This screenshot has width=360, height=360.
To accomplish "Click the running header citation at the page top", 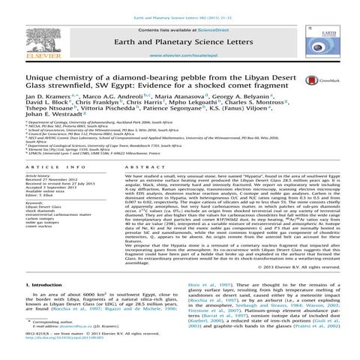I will (x=180, y=5).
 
